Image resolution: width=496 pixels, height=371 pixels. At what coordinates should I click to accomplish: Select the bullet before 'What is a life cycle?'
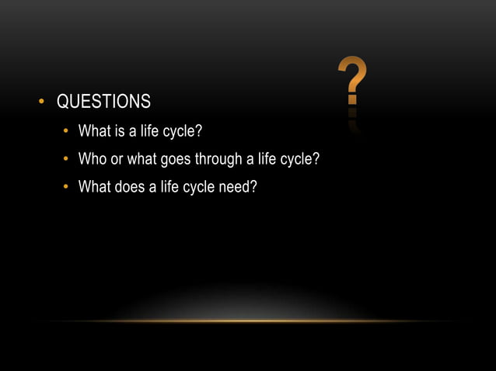click(67, 128)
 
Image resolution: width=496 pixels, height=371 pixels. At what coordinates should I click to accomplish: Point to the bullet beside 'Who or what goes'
click(67, 159)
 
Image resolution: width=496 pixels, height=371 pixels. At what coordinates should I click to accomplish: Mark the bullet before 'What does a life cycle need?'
click(67, 187)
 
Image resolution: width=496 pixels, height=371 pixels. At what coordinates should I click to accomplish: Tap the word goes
click(183, 160)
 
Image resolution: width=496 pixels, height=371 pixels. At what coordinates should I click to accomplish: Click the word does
click(128, 186)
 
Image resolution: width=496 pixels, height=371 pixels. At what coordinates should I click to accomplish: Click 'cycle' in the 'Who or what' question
click(299, 159)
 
